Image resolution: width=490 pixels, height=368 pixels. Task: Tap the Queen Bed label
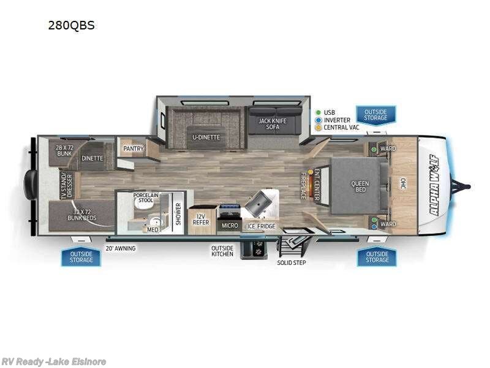tap(360, 186)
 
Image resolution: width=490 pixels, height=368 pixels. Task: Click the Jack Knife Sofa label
tap(272, 124)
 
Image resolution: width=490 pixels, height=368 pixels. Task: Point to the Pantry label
tap(133, 148)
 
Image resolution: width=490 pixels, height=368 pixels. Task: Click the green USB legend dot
tap(318, 112)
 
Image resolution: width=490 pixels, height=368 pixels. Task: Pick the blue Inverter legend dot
tap(318, 120)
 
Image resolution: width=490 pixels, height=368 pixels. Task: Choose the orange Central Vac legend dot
tap(318, 128)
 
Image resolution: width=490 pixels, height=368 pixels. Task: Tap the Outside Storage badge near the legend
tap(375, 115)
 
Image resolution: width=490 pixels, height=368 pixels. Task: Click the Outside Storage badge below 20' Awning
tap(81, 256)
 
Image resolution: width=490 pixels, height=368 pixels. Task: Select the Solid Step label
tap(291, 263)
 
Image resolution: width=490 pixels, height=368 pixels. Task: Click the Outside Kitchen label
tap(222, 251)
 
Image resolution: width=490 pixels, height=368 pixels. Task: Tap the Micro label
tap(230, 226)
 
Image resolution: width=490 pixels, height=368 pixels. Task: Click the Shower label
tap(179, 214)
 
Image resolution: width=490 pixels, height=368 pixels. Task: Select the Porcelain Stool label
tap(146, 197)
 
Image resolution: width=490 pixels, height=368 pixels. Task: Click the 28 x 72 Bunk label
tap(64, 151)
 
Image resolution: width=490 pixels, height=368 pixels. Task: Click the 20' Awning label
tap(121, 248)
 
